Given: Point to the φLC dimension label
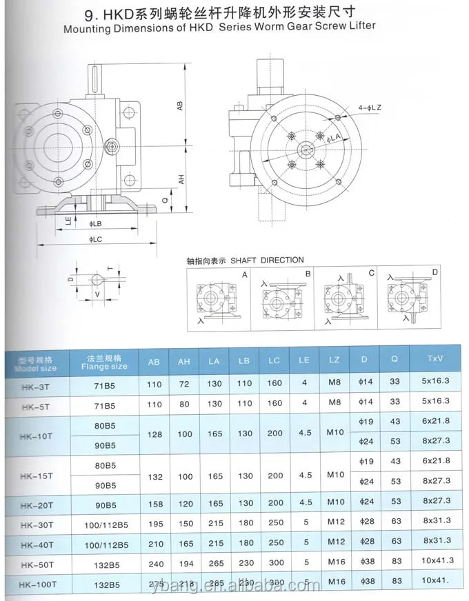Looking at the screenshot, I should pyautogui.click(x=96, y=238).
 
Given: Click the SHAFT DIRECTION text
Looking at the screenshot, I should pyautogui.click(x=267, y=260).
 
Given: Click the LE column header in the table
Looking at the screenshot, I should pyautogui.click(x=304, y=360).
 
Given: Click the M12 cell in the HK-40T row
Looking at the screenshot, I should pyautogui.click(x=335, y=543).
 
